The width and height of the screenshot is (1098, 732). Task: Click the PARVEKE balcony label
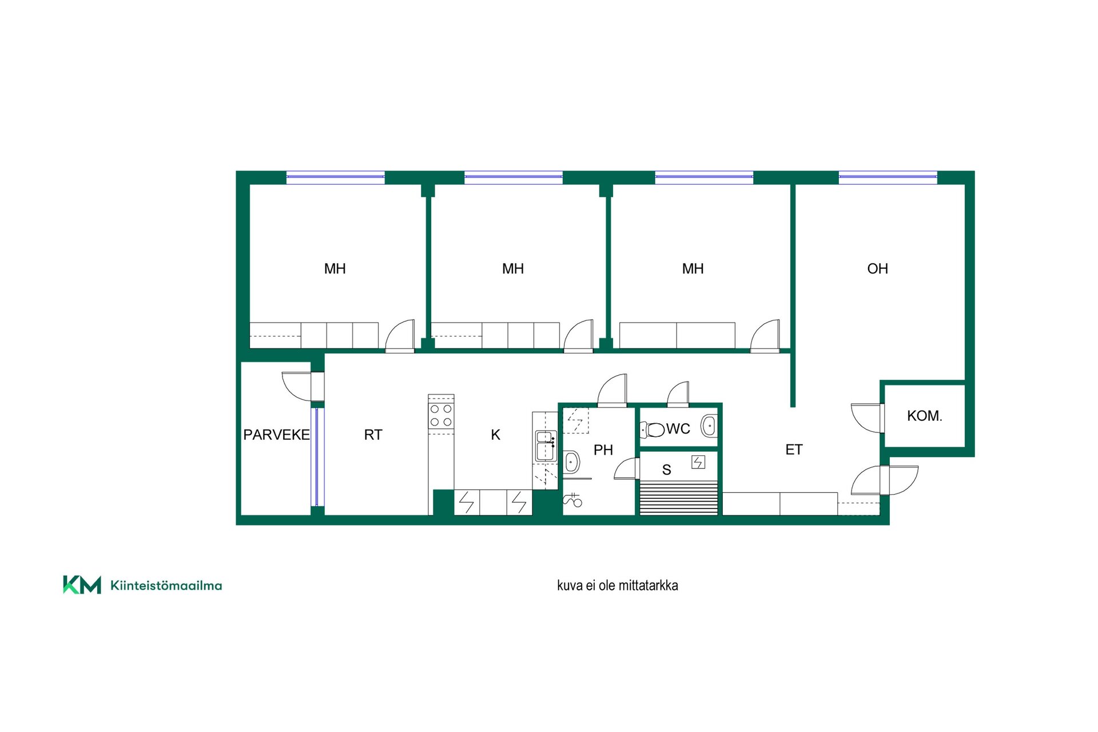pos(276,435)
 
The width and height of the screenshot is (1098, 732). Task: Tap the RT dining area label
pos(373,435)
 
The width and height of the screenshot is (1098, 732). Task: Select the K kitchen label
pos(495,435)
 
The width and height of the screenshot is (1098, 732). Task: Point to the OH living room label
pos(877,268)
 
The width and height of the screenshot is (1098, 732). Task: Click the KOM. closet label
pos(924,416)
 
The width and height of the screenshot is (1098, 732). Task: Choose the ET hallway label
pos(794,449)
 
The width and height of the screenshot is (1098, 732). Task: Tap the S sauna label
pos(666,470)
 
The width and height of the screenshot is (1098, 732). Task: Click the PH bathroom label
pos(603,450)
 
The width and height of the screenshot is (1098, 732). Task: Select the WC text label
pos(678,428)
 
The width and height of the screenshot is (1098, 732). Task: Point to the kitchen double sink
pos(546,446)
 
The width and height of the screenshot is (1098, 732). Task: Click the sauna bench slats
pos(678,499)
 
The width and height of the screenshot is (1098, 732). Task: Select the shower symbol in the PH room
pos(572,500)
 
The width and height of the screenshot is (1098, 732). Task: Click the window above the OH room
pos(888,177)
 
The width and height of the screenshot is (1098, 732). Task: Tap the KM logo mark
pos(82,584)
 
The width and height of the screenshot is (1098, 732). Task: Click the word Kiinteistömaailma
pos(166,585)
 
